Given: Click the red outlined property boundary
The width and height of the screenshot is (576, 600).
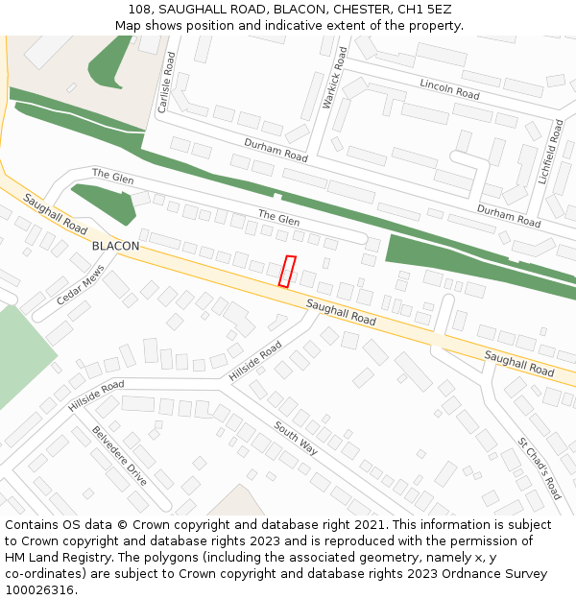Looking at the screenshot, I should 286,271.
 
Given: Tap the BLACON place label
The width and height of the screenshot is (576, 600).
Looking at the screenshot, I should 115,246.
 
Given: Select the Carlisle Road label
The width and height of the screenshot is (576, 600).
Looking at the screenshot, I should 166,83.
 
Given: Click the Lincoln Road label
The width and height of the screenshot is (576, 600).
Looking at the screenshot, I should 449,89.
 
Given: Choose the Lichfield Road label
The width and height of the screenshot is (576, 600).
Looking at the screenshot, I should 555,152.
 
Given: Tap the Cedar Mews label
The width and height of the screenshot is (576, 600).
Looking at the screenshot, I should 79,285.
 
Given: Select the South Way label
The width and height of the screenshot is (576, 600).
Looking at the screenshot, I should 295,438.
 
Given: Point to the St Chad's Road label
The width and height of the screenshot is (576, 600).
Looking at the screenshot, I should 539,468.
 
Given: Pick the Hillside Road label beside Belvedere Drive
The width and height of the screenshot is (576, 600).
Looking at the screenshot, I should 96,396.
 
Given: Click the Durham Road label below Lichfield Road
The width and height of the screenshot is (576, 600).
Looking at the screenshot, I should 509,215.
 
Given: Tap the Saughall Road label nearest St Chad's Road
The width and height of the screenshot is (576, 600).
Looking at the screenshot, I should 518,363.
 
